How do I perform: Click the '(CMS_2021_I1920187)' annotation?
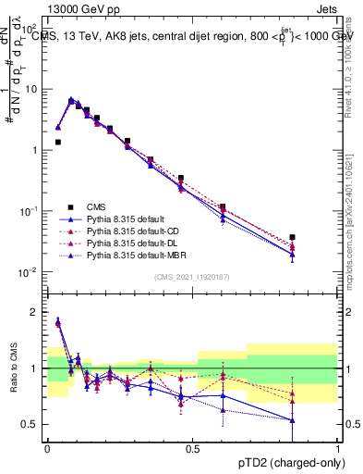click(192, 276)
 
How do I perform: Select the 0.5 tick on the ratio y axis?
click(32, 424)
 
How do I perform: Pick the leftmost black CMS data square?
click(58, 143)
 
